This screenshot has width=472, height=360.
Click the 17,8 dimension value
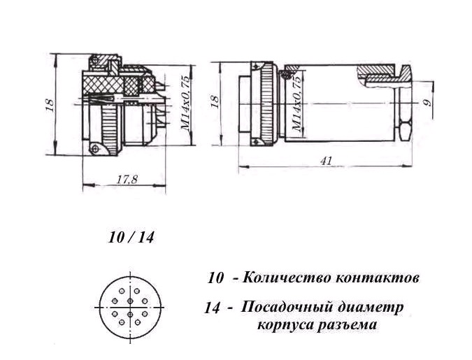(127, 180)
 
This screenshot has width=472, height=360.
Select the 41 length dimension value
(326, 161)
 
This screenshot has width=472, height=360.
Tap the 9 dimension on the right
(427, 103)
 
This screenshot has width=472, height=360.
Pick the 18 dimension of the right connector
(215, 102)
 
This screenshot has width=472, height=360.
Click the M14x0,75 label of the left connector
(186, 103)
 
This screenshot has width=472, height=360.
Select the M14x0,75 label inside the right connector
(296, 104)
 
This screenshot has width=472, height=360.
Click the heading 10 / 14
(131, 238)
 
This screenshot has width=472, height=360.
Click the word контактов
(373, 278)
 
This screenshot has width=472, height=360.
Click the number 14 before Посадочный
(212, 308)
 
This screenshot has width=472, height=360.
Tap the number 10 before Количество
(215, 278)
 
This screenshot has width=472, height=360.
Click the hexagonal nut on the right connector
(405, 130)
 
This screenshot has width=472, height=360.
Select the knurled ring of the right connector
(267, 104)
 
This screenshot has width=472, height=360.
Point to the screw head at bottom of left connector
(96, 148)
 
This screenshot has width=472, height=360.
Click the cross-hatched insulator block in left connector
(104, 85)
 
